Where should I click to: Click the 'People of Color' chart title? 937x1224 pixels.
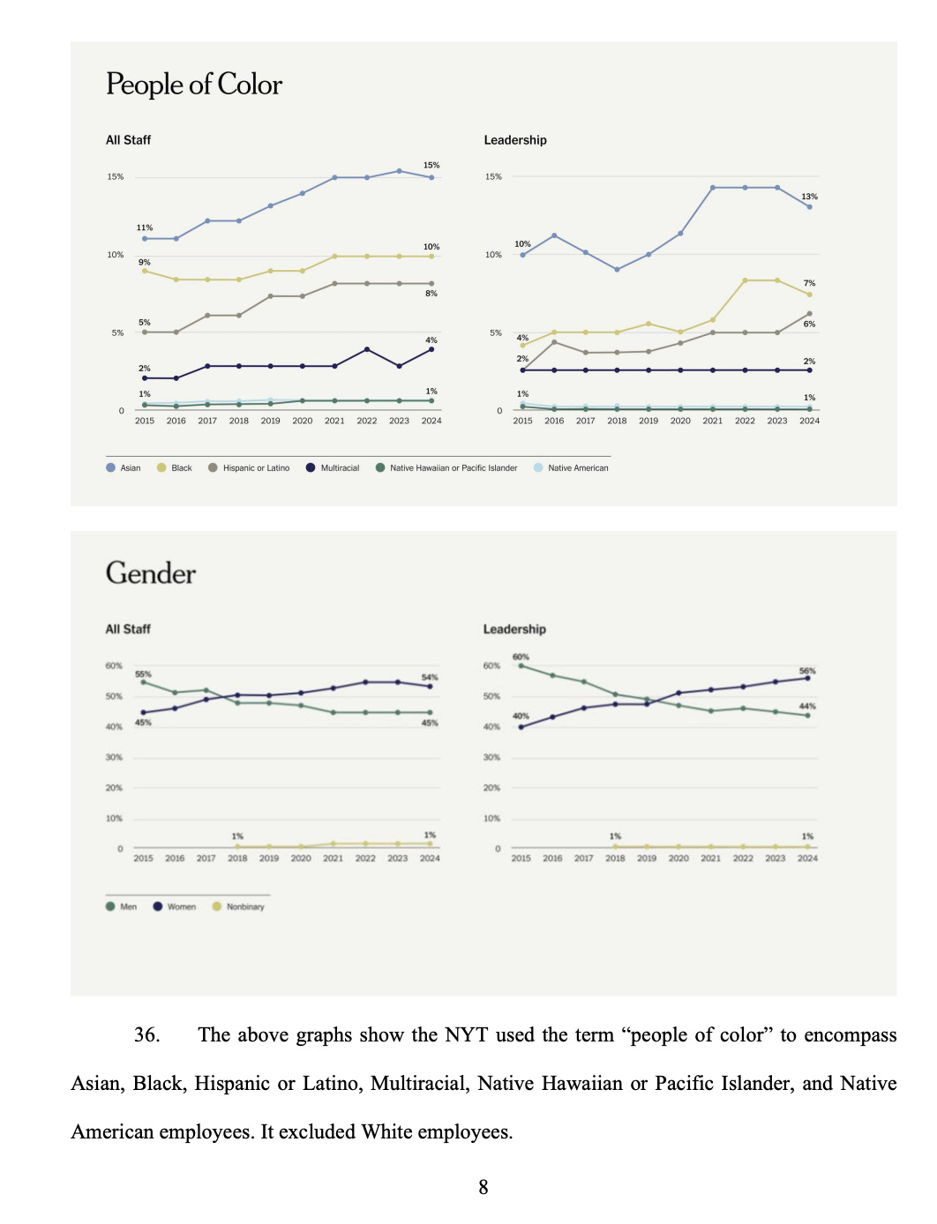tap(194, 85)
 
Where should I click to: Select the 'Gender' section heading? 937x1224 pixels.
tap(151, 573)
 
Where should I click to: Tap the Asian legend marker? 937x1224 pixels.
tap(110, 468)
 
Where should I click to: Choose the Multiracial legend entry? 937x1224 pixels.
tap(333, 468)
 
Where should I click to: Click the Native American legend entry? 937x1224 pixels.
tap(571, 468)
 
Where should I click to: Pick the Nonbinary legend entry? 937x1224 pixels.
tap(238, 907)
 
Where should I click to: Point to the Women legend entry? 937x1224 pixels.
tap(174, 907)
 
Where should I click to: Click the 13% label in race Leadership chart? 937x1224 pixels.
tap(809, 197)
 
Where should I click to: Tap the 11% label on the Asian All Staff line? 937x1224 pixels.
tap(145, 228)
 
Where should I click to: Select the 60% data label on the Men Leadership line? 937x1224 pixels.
tap(521, 657)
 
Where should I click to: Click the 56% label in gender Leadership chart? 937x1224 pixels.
tap(807, 671)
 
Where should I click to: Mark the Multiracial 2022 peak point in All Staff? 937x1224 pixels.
tap(366, 349)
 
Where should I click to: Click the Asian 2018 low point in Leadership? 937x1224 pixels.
tap(617, 269)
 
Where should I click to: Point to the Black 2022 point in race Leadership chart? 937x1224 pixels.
tap(746, 280)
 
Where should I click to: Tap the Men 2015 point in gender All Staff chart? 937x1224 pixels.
tap(143, 682)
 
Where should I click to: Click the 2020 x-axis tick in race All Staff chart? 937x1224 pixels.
tap(303, 421)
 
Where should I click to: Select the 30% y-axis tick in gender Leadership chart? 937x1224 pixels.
tap(491, 758)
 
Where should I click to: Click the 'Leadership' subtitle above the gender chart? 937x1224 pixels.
tap(514, 629)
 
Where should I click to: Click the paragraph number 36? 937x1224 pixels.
tap(147, 1035)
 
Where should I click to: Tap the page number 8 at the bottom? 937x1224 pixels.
tap(483, 1187)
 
